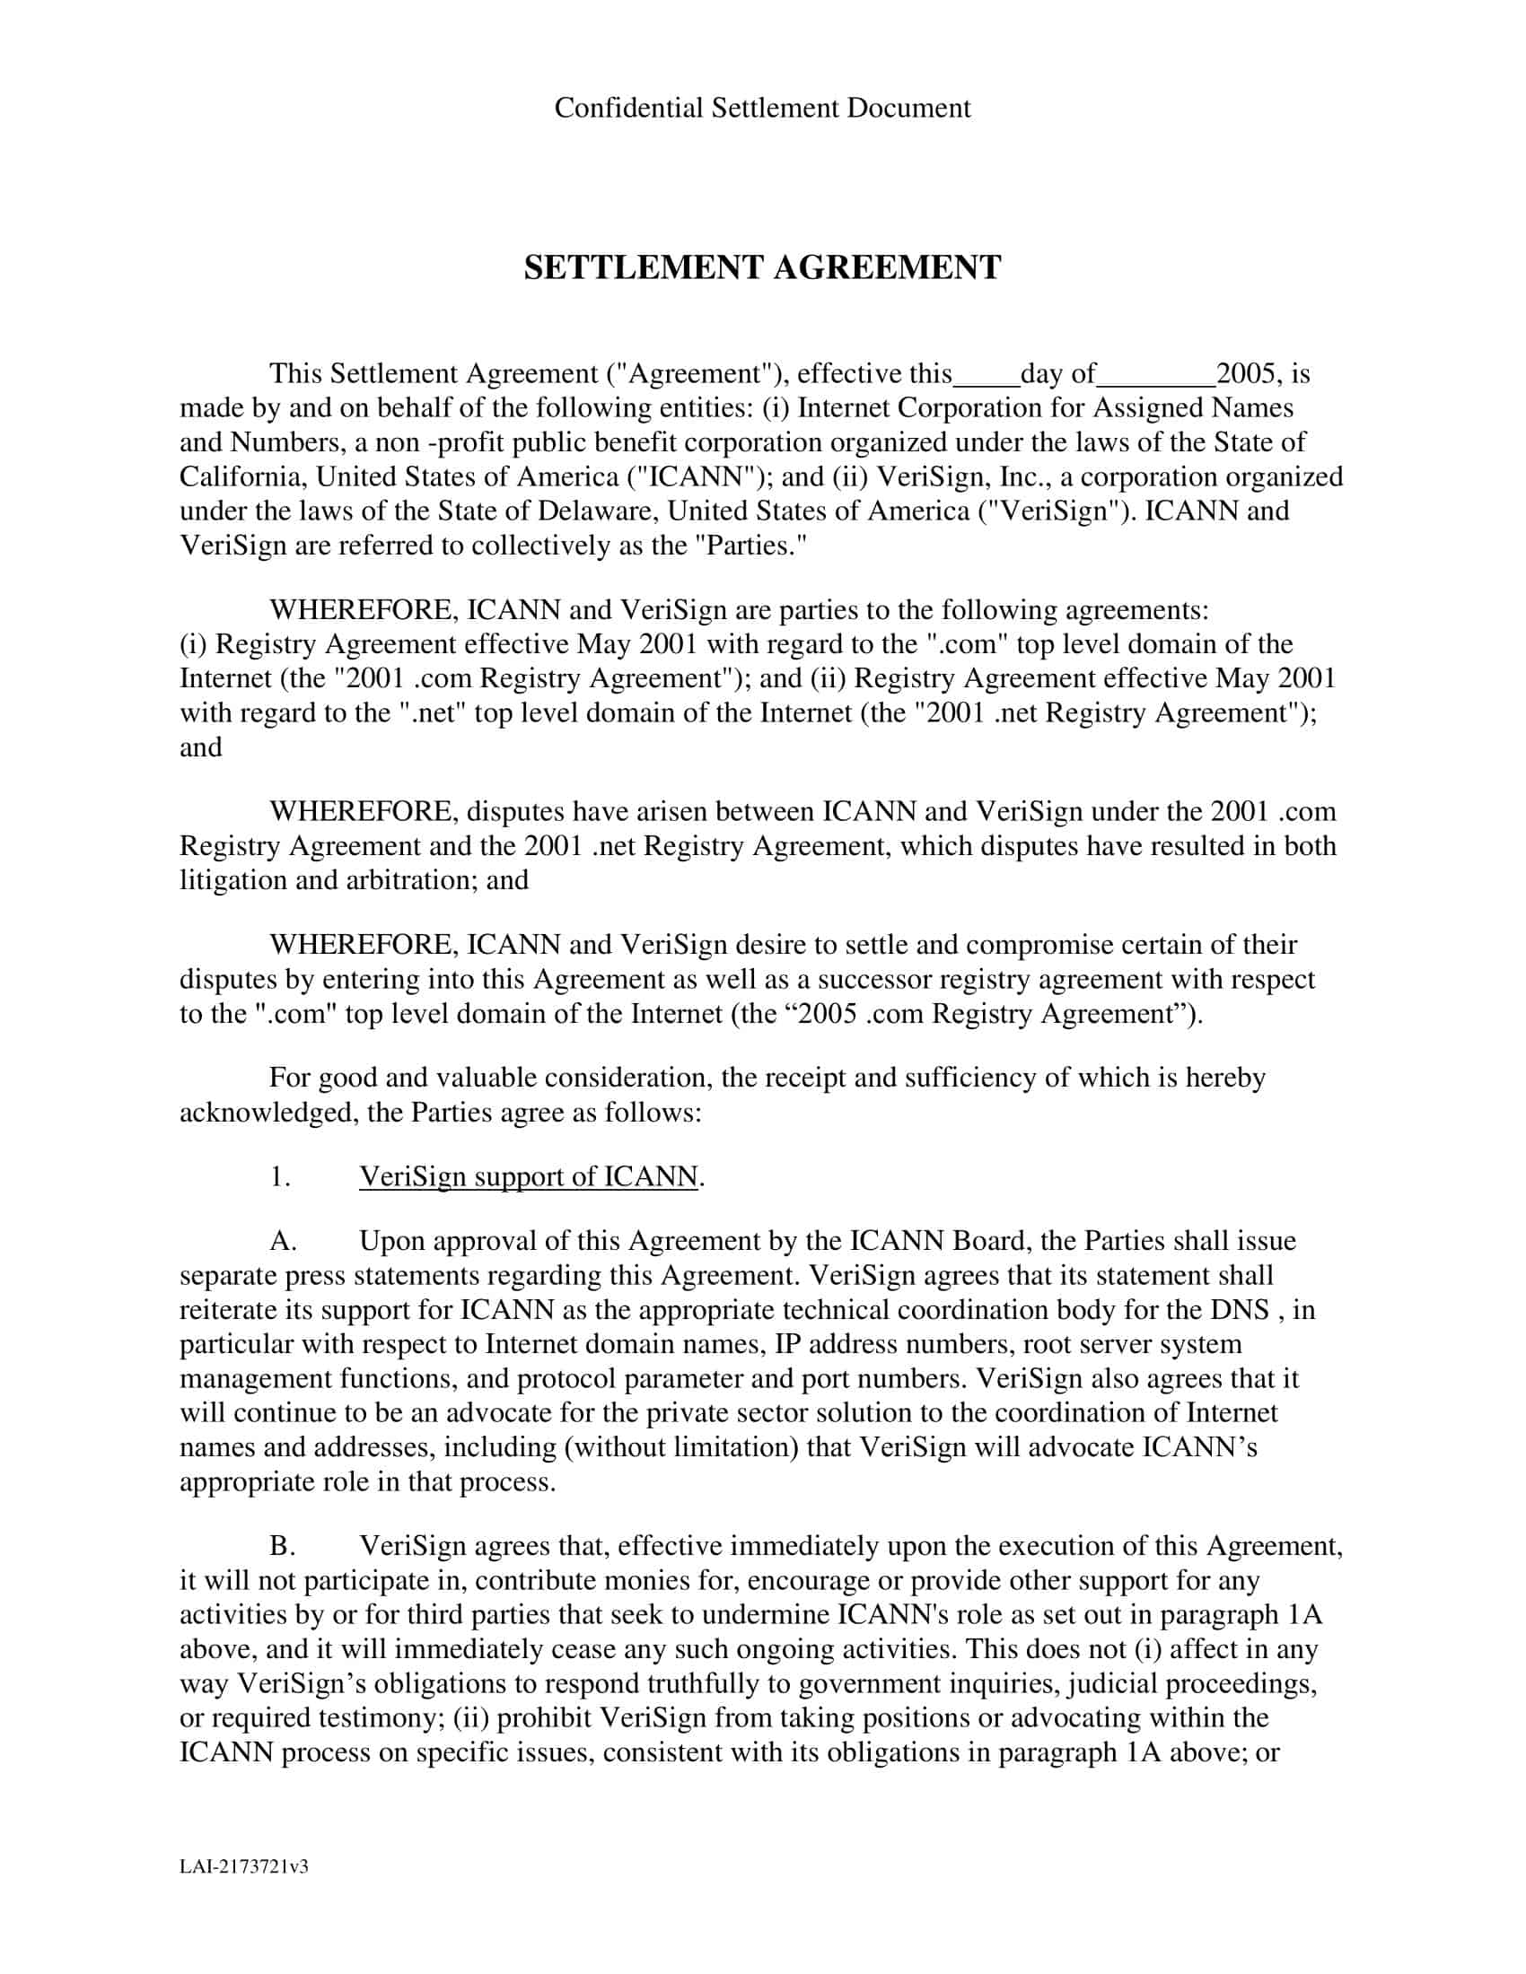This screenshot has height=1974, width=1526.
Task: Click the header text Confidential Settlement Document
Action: [x=762, y=108]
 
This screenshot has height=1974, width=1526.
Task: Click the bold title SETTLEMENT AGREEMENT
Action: [x=762, y=267]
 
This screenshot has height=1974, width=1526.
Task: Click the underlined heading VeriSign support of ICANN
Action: [x=528, y=1176]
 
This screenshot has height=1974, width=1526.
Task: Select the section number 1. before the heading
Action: [x=280, y=1176]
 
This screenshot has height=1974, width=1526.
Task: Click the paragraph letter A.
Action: [x=283, y=1241]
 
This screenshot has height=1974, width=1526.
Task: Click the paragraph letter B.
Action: [x=282, y=1546]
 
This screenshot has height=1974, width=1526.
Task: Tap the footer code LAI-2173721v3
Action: [x=244, y=1865]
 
